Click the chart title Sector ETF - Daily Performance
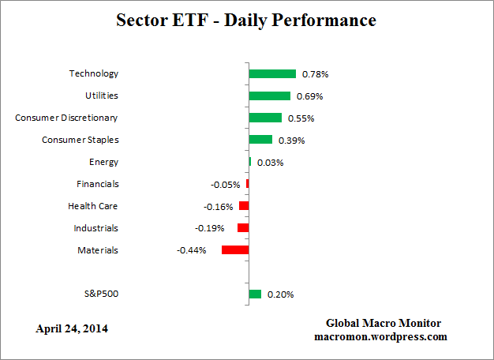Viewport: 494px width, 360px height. [x=247, y=21]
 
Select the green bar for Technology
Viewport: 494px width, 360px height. [x=272, y=73]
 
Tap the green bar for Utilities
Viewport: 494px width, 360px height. [x=269, y=96]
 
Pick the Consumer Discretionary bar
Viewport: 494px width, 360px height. [x=265, y=118]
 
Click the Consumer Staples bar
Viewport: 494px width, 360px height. [x=260, y=140]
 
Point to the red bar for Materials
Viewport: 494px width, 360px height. [x=235, y=249]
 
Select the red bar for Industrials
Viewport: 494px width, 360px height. [x=243, y=228]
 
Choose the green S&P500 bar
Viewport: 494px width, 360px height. [x=255, y=294]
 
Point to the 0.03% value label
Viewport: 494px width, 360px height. [x=270, y=163]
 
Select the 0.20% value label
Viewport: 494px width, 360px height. [x=281, y=295]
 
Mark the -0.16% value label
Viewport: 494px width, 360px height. [x=219, y=207]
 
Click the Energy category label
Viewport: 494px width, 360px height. [x=103, y=162]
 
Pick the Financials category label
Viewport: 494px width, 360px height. [x=98, y=184]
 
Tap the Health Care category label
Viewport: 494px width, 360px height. [x=93, y=206]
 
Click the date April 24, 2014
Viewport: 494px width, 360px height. [x=72, y=328]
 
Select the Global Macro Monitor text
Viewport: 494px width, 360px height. [x=384, y=324]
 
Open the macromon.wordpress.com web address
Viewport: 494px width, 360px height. [x=380, y=336]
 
